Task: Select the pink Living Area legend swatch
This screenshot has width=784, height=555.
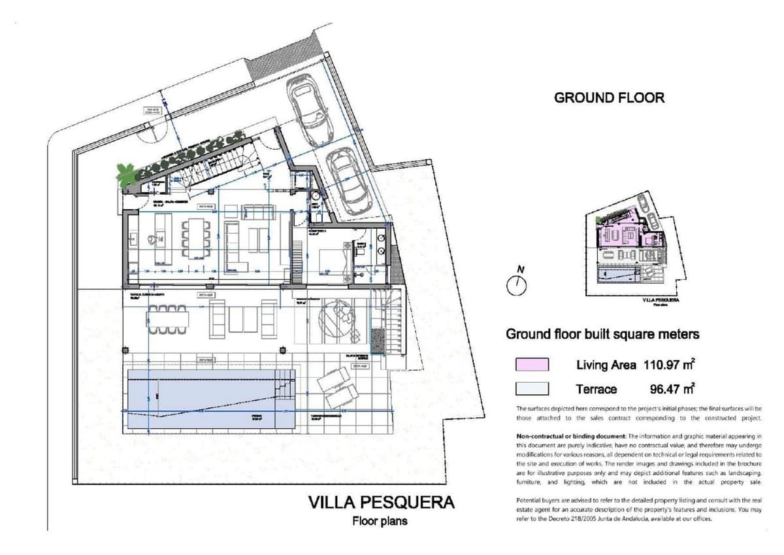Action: pos(532,365)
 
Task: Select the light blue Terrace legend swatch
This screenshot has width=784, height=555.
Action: pos(532,389)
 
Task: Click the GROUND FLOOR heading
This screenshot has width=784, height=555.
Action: pos(609,98)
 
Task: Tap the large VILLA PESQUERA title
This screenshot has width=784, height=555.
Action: pos(381,503)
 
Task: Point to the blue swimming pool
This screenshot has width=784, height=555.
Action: pos(209,399)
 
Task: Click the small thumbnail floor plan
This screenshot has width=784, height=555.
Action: pos(630,245)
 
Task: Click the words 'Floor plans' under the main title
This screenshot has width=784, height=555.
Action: pos(380,522)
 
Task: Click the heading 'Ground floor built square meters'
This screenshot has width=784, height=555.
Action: pos(602,334)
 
